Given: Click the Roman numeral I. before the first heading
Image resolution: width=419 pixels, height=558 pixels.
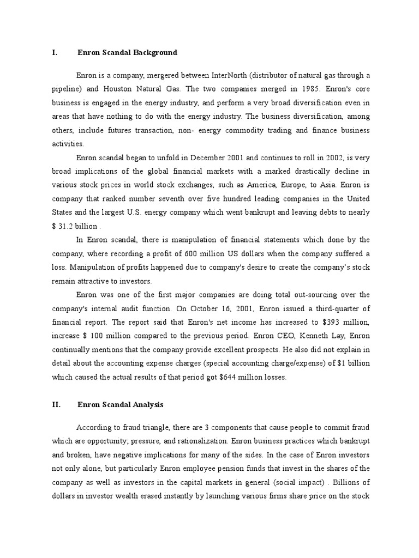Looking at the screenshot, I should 55,53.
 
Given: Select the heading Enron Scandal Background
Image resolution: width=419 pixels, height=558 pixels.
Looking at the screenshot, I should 127,53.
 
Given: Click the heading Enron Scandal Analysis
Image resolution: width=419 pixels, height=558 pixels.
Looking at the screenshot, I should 120,405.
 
